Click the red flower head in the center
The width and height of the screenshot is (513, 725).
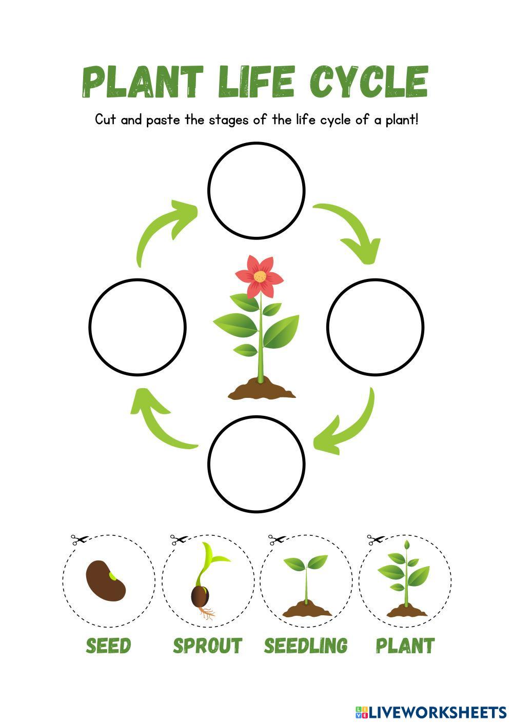(x=259, y=277)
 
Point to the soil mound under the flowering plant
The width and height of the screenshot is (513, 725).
(x=262, y=390)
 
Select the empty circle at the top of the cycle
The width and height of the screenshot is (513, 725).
(x=256, y=190)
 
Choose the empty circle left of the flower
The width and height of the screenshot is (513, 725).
(x=137, y=327)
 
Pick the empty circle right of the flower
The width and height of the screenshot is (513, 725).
(x=376, y=327)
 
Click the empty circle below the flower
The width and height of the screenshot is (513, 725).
(x=256, y=464)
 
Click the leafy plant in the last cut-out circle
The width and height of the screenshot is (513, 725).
(x=405, y=579)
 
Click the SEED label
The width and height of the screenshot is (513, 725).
(x=108, y=646)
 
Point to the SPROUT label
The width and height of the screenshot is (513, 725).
(x=207, y=646)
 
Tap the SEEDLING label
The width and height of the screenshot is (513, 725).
(x=306, y=646)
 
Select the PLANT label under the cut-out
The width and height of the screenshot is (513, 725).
(x=405, y=646)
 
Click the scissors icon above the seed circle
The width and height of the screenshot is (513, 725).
(x=79, y=539)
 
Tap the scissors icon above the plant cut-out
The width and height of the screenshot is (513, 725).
(x=375, y=539)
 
